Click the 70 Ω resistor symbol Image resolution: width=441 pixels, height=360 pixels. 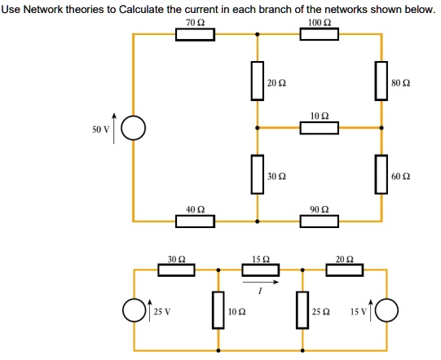coord(195,34)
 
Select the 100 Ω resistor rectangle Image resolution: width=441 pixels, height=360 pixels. coord(320,34)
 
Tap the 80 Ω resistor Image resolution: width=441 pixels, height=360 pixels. coord(381,81)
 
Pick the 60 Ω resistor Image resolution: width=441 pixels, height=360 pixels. coord(381,174)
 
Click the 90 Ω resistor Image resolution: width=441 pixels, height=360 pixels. coord(320,222)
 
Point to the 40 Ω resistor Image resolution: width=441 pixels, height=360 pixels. coord(195,222)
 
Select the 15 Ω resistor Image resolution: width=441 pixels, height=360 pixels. coord(260,270)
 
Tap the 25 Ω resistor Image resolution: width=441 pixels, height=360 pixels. coord(302,310)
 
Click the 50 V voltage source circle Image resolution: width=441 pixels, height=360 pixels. coord(134,128)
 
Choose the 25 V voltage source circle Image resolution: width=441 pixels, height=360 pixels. coord(135,310)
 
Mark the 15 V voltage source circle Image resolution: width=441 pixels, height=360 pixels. coord(386,310)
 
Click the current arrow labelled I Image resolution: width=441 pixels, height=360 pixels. coord(261,282)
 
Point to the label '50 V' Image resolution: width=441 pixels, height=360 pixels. coord(100,130)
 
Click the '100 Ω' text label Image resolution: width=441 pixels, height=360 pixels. coord(320,23)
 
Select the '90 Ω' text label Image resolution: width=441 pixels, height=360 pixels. coord(320,209)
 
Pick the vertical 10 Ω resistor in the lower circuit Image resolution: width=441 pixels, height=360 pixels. coord(218,310)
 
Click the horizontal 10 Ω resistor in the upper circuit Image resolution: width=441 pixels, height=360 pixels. coord(320,128)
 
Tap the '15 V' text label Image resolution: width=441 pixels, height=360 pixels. coord(359,312)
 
